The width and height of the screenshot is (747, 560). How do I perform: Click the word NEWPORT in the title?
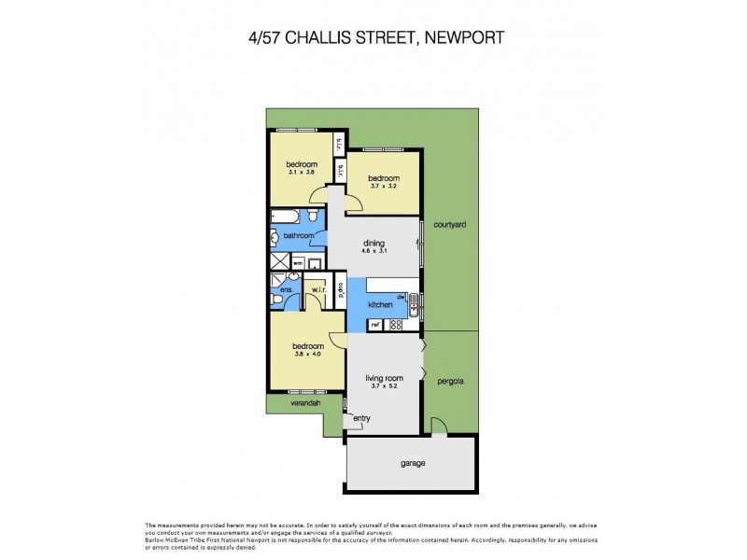click(x=464, y=38)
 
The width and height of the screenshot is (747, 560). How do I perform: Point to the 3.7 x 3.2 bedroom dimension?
click(x=383, y=187)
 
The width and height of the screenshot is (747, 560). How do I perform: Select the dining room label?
click(x=373, y=244)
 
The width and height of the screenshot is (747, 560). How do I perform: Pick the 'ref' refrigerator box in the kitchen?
click(x=375, y=325)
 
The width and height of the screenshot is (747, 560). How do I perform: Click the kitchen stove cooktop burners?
click(x=395, y=325)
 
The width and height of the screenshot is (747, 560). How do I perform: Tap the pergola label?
click(x=450, y=381)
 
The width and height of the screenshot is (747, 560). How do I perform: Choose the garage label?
click(x=413, y=463)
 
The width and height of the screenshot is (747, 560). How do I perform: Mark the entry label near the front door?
click(x=361, y=418)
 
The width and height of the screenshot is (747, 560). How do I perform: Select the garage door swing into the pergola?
click(x=435, y=426)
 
